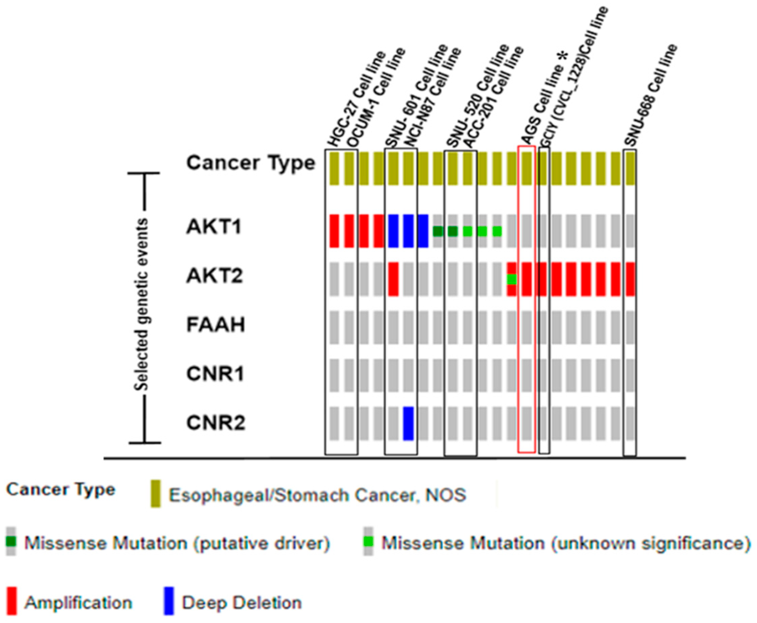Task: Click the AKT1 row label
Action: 214,227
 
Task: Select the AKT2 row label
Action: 215,276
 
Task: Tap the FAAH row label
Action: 216,324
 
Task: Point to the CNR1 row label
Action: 215,374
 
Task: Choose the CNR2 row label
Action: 216,423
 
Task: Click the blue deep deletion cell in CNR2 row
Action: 408,424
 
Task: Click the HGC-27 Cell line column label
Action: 357,99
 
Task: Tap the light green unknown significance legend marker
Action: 368,541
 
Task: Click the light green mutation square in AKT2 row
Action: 512,279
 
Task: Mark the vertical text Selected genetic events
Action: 140,304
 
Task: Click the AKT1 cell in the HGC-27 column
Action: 334,231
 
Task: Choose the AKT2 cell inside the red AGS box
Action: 527,279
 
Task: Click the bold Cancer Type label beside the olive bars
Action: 251,163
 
